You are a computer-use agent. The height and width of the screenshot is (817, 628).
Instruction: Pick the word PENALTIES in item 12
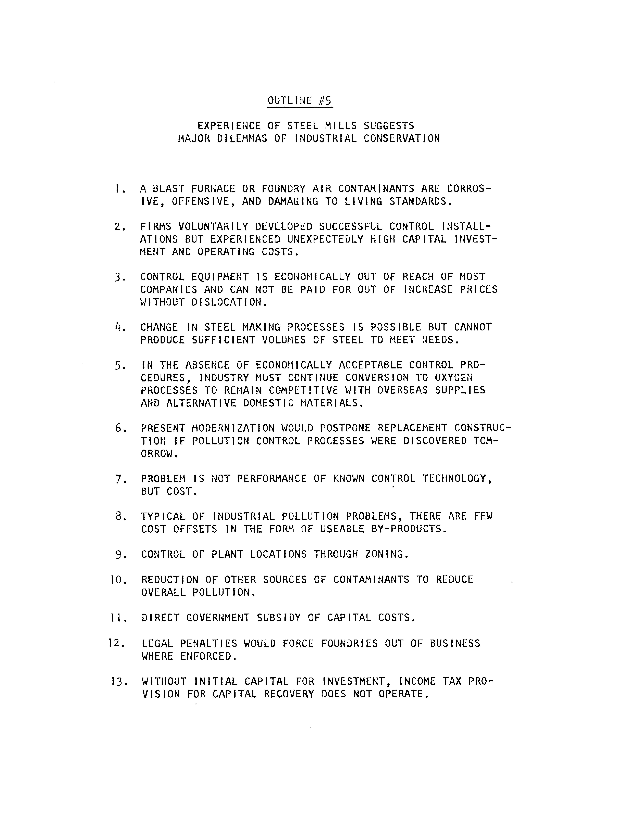coord(209,644)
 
